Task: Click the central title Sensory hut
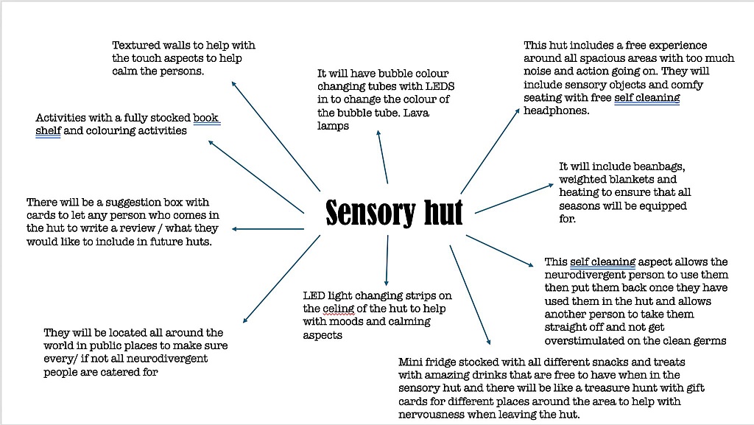pyautogui.click(x=394, y=213)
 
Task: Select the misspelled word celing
pyautogui.click(x=339, y=309)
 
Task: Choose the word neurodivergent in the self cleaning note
pyautogui.click(x=582, y=275)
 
